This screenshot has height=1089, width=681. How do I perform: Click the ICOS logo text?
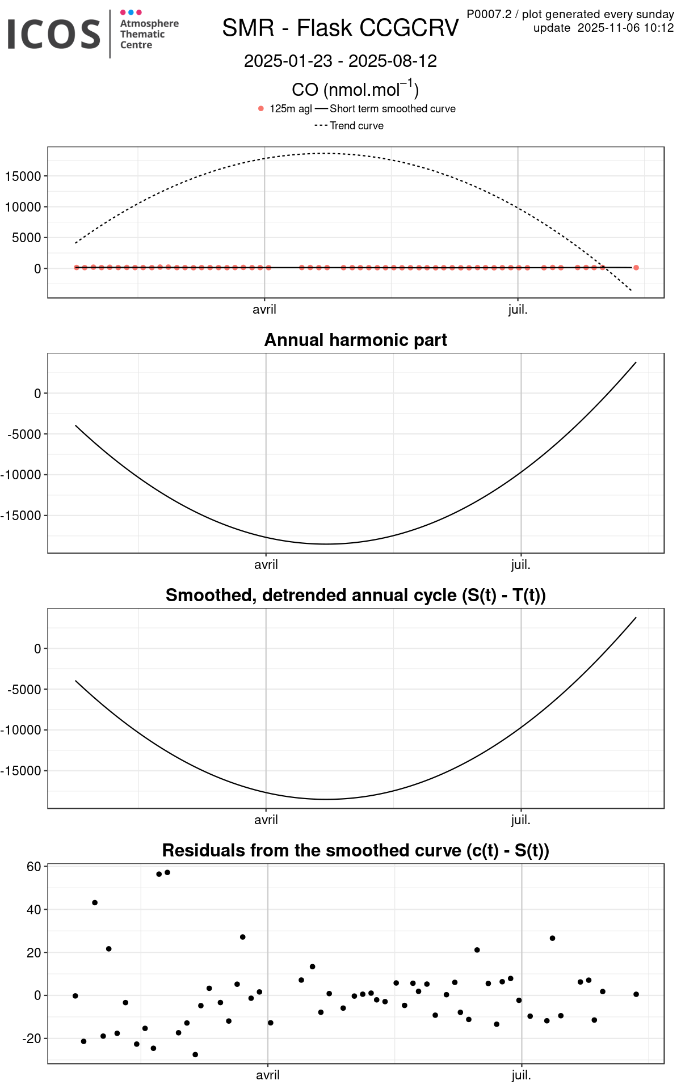click(x=54, y=33)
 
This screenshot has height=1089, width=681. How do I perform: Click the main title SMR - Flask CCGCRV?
click(x=340, y=28)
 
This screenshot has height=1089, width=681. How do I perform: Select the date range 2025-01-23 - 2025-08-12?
click(x=340, y=61)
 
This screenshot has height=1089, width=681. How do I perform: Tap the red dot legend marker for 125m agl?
click(x=261, y=109)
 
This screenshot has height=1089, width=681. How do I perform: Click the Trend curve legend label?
click(x=356, y=126)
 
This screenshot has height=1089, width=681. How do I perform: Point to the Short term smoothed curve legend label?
click(x=392, y=109)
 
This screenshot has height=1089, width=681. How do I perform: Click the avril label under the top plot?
click(x=264, y=310)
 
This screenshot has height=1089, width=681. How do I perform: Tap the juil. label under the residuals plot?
click(x=521, y=1075)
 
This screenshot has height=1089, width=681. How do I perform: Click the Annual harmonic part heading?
click(x=355, y=340)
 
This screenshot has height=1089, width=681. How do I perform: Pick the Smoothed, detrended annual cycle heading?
click(x=355, y=595)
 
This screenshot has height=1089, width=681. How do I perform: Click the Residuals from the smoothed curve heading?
click(x=355, y=850)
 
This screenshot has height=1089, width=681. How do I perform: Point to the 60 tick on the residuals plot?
click(x=33, y=867)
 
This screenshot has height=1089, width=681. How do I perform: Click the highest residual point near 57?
click(x=167, y=872)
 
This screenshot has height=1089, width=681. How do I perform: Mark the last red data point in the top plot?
click(x=636, y=268)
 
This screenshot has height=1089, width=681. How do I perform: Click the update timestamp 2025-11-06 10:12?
click(x=625, y=28)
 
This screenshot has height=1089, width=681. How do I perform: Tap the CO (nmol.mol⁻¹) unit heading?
click(x=355, y=89)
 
